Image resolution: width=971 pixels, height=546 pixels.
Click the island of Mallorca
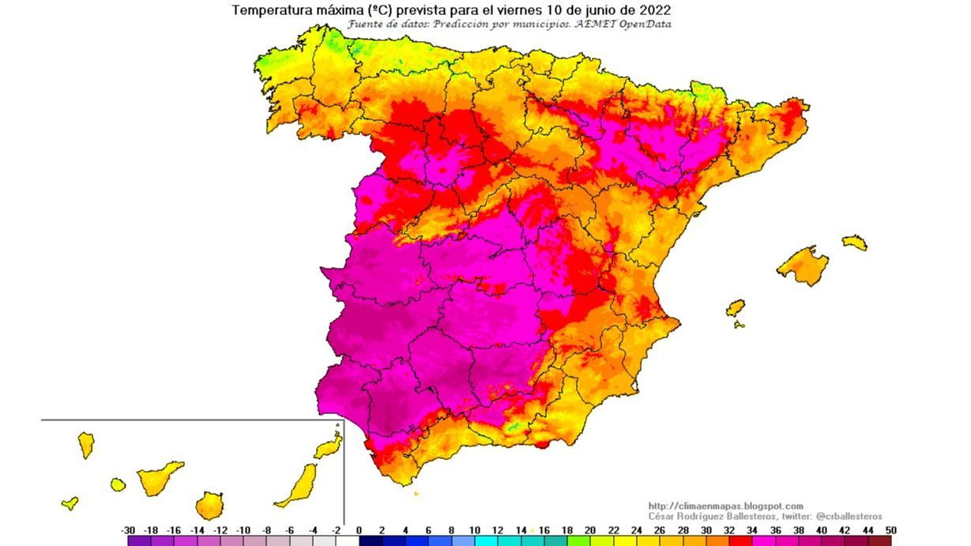(803, 265)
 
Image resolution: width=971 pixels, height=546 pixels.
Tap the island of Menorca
(854, 242)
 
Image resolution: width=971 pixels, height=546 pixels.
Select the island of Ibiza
(735, 307)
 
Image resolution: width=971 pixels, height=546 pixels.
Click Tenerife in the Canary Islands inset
(159, 477)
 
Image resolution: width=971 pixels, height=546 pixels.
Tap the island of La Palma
(85, 445)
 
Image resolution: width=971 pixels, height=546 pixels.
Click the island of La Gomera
(118, 484)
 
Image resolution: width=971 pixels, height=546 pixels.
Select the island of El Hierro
(70, 503)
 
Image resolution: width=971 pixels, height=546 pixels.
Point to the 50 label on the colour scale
(890, 530)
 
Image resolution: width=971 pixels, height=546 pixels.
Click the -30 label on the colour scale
(128, 530)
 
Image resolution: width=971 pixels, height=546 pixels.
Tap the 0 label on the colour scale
(359, 530)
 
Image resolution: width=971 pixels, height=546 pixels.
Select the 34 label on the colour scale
(752, 530)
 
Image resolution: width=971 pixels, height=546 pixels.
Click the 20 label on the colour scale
(590, 530)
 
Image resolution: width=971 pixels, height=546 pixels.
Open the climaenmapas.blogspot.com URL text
(725, 506)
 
